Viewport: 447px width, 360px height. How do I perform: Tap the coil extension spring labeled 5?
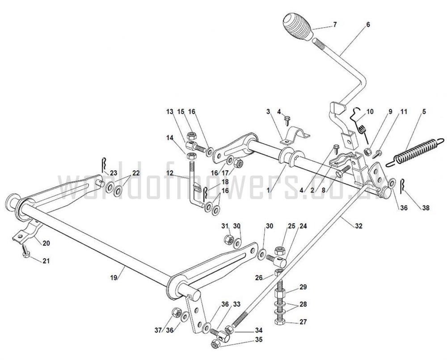tap(415, 152)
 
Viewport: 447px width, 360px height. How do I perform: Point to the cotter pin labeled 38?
tap(403, 186)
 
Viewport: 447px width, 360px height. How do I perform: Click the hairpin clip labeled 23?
tap(104, 167)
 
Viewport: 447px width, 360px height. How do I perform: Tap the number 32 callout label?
tap(358, 226)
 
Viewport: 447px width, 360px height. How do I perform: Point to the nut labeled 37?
tap(176, 312)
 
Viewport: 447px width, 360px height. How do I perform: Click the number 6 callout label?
tap(368, 25)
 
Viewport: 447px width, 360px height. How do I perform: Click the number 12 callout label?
tap(170, 173)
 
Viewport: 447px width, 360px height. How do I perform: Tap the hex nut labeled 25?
tap(279, 251)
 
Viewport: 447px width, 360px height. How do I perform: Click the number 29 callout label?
tap(303, 287)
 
